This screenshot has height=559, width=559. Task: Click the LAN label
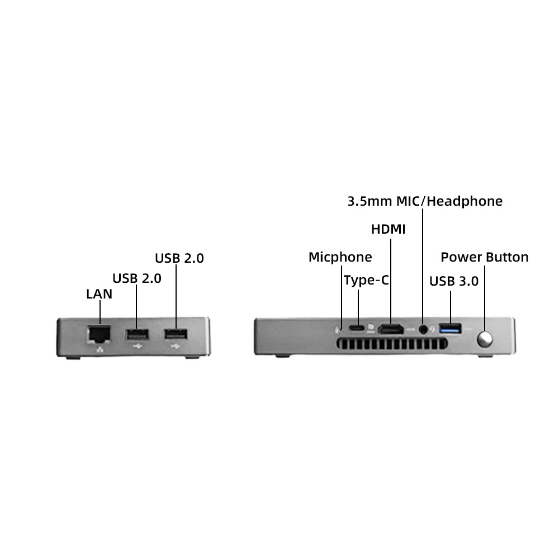pos(99,294)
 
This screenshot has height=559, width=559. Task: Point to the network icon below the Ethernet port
pos(100,349)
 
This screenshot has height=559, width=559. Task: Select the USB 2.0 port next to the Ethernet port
pos(138,335)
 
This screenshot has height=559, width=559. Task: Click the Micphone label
pos(340,257)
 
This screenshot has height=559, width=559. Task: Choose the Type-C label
pos(366,280)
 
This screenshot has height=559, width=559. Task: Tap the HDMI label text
pos(389,229)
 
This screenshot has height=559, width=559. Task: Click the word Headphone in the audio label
pos(465,201)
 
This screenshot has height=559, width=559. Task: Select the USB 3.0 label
pos(454,281)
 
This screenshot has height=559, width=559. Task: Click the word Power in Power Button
pos(461,257)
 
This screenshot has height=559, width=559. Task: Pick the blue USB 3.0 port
pos(450,328)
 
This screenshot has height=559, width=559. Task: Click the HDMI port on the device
pos(391,329)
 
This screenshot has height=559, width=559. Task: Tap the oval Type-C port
pos(357,328)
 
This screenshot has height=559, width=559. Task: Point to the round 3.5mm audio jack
pos(423,329)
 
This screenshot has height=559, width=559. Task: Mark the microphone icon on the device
pos(337,329)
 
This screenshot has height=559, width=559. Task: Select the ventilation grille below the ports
pos(392,344)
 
